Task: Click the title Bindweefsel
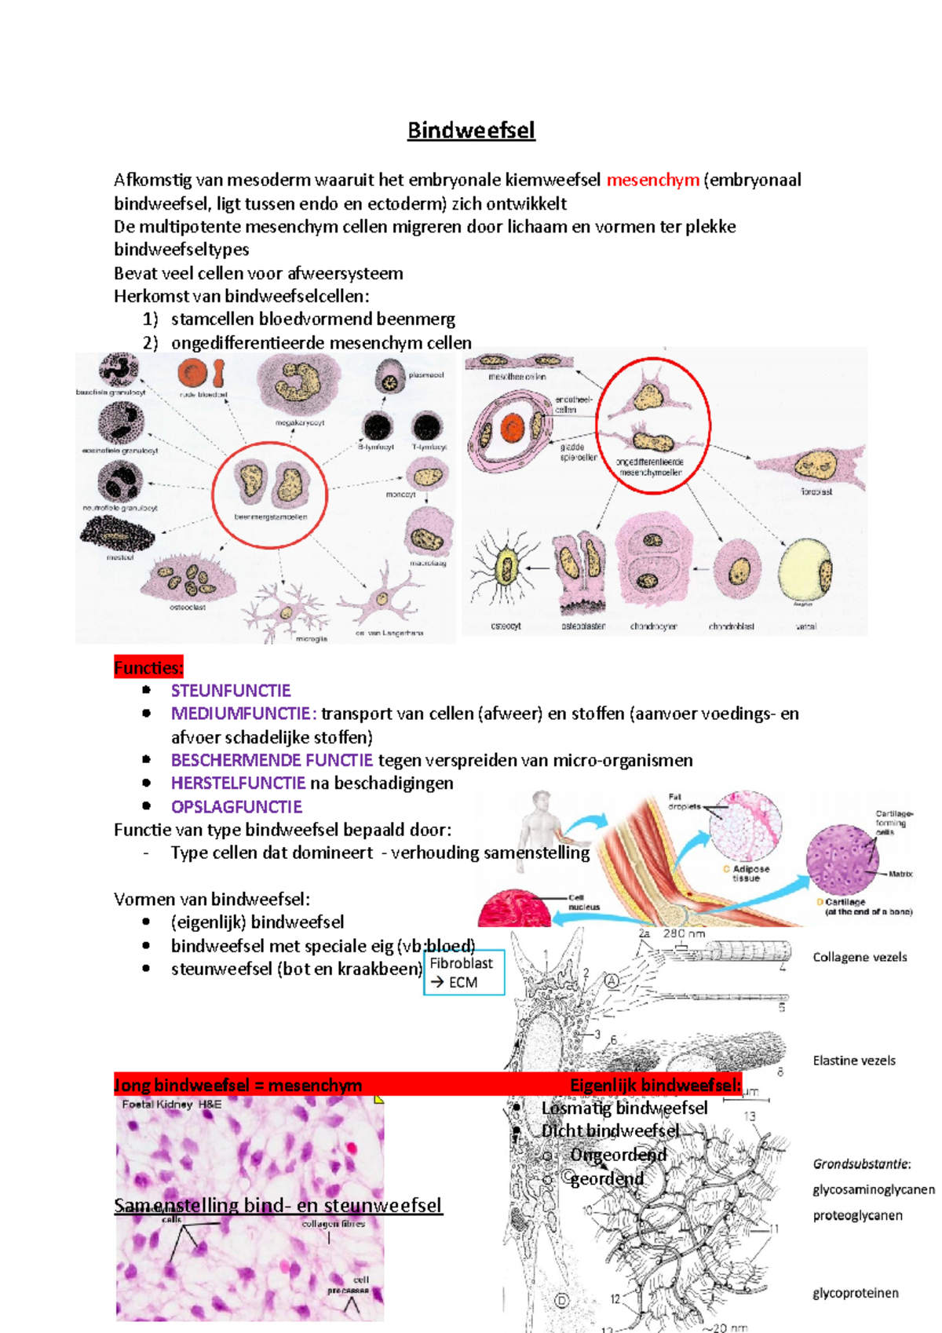click(471, 130)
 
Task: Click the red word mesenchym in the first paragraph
click(652, 180)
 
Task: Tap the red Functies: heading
click(148, 668)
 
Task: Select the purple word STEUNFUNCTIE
click(231, 691)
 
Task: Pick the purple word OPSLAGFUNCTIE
click(236, 807)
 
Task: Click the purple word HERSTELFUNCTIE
click(238, 783)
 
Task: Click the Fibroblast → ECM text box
click(463, 973)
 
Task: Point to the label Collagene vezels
click(860, 957)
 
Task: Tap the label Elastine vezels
click(854, 1061)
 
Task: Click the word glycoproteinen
click(856, 1293)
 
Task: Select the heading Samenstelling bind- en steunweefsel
click(278, 1205)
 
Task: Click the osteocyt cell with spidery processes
click(506, 569)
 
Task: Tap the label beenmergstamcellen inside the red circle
click(270, 517)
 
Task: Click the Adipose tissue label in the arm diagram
click(750, 874)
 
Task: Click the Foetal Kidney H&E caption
click(172, 1105)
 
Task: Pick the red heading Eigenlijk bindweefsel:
click(655, 1085)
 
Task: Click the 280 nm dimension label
click(684, 933)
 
